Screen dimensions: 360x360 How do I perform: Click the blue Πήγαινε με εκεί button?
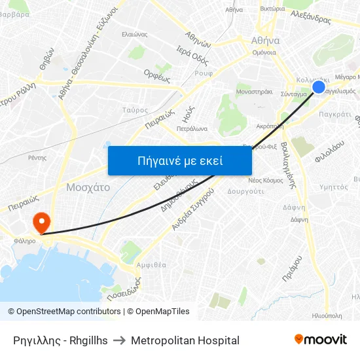pos(179,160)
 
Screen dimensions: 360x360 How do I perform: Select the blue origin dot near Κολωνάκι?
pos(319,87)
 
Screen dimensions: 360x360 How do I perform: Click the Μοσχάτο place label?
pos(88,187)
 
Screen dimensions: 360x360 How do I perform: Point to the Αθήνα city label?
pos(265,40)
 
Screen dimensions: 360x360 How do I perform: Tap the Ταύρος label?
pos(135,110)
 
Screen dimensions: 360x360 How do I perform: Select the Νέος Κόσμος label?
pos(266,180)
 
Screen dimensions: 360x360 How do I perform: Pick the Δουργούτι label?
pos(245,192)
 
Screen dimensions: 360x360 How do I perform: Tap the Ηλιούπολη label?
pos(327,315)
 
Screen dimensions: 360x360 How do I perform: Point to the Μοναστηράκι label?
pos(253,92)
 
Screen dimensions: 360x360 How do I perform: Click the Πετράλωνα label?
pos(192,129)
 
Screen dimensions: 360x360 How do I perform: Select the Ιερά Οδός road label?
pos(192,56)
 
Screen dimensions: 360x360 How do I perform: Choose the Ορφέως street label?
pos(157,75)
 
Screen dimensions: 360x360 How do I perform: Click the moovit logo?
pos(321,340)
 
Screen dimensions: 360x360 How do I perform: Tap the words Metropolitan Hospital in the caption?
pos(185,340)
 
